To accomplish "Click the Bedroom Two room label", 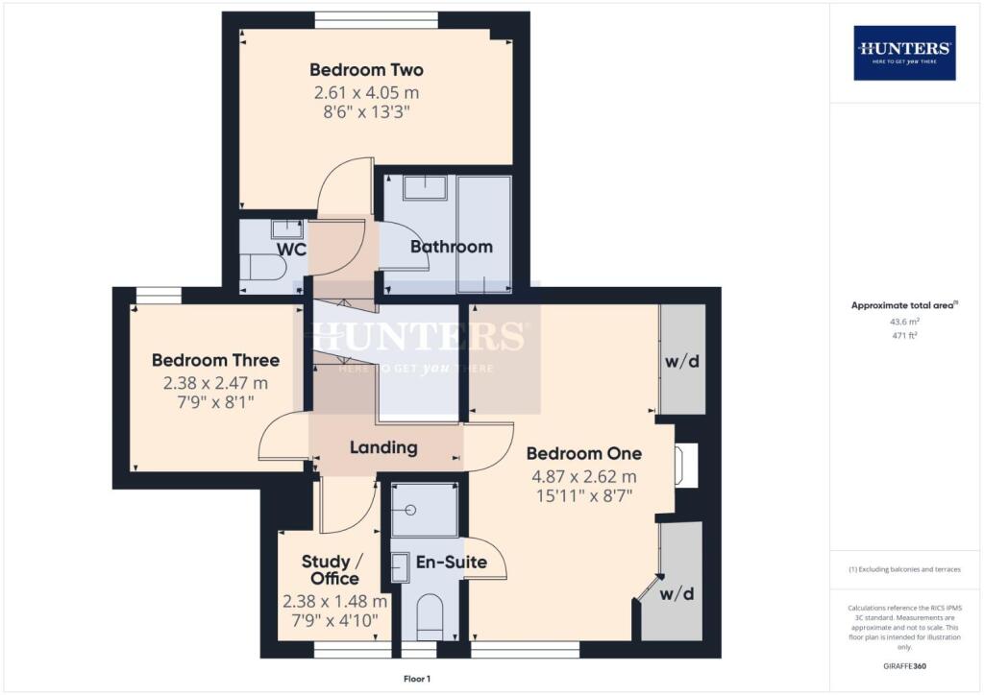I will pos(366,70).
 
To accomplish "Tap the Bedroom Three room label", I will pos(215,361).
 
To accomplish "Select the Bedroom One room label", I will pos(583,454).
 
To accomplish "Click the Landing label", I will pos(383,447).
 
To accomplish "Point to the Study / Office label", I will pos(331,570).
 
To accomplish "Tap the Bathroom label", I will pos(451,247).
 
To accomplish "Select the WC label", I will pos(291,250).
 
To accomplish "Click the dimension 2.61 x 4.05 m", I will pos(366,93).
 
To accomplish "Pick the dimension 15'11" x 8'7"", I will pos(583,495).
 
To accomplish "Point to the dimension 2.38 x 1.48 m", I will pos(334,602).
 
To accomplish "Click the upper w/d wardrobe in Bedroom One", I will pos(681,361).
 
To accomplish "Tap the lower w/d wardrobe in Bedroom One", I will pos(678,593).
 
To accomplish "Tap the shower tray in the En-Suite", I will pos(424,509).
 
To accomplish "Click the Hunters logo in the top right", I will pos(904,52).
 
